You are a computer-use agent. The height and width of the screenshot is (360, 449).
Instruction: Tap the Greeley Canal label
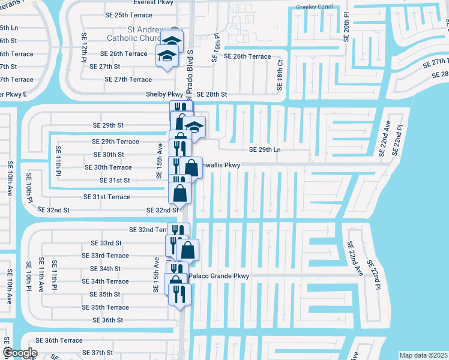pyautogui.click(x=314, y=7)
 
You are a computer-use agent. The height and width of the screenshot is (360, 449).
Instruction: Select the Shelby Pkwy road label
pyautogui.click(x=164, y=94)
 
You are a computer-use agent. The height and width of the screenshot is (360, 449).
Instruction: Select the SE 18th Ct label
pyautogui.click(x=280, y=75)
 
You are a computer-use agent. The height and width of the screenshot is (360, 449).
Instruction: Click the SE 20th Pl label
pyautogui.click(x=346, y=25)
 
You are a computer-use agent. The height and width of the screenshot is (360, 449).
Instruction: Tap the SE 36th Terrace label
pyautogui.click(x=59, y=340)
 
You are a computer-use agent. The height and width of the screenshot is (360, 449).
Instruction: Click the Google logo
pyautogui.click(x=20, y=353)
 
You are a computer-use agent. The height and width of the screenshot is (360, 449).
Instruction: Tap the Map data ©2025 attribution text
pyautogui.click(x=423, y=355)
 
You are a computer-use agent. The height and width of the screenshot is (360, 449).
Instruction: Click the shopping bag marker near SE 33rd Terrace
pyautogui.click(x=187, y=250)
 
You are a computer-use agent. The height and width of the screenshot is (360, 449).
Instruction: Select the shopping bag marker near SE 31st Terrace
pyautogui.click(x=180, y=193)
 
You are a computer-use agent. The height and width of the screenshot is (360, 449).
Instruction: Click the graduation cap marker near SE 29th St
pyautogui.click(x=194, y=127)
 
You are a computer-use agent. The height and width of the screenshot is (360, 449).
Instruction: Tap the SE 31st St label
pyautogui.click(x=111, y=181)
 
